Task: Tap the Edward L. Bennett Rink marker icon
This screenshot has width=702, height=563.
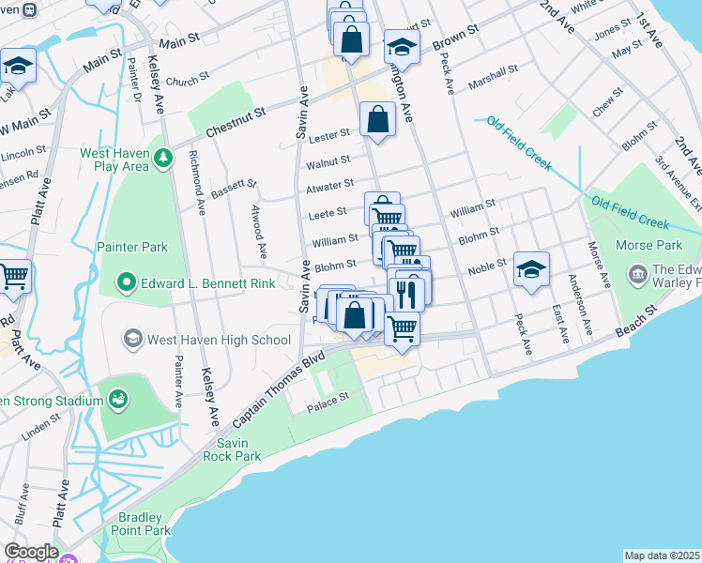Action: (x=128, y=281)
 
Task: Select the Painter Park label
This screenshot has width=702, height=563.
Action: (x=132, y=247)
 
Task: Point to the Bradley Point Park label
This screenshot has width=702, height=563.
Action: (x=145, y=524)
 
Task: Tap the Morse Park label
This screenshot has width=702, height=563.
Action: (x=649, y=245)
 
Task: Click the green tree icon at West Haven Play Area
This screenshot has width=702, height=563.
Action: (x=164, y=158)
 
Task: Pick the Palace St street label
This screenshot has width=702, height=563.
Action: (x=329, y=397)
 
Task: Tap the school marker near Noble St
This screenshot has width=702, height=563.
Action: (x=532, y=269)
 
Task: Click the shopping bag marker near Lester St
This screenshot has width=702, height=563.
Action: (x=377, y=120)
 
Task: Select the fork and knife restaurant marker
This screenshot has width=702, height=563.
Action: (x=406, y=294)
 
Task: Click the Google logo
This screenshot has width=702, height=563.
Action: (x=30, y=552)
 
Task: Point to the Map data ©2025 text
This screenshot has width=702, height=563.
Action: (x=663, y=555)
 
